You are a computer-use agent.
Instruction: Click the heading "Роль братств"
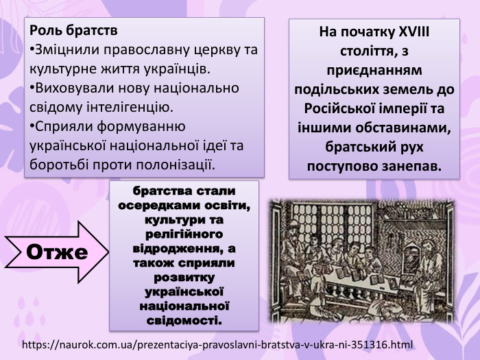(73, 32)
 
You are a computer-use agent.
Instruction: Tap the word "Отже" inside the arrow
(57, 252)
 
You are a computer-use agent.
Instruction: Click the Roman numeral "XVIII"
(414, 32)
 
